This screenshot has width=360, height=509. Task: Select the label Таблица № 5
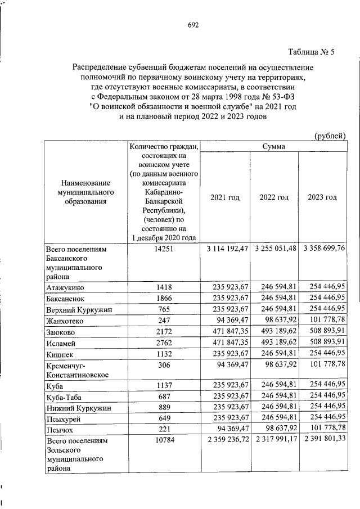(311, 53)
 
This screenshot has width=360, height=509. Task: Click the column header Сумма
(273, 146)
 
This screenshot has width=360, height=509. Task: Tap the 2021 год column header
(225, 197)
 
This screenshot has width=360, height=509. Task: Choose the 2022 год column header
(274, 197)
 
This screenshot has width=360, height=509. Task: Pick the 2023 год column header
(322, 197)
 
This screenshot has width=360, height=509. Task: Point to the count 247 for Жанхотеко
(164, 321)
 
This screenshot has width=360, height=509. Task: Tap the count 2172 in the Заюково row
(164, 332)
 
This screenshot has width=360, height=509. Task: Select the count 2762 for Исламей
(164, 343)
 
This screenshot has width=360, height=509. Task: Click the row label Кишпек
(61, 354)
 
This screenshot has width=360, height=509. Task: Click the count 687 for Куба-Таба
(164, 397)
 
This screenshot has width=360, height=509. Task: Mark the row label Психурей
(65, 419)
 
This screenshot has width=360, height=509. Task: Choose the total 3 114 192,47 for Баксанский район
(224, 249)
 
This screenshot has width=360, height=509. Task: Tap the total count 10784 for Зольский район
(164, 441)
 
